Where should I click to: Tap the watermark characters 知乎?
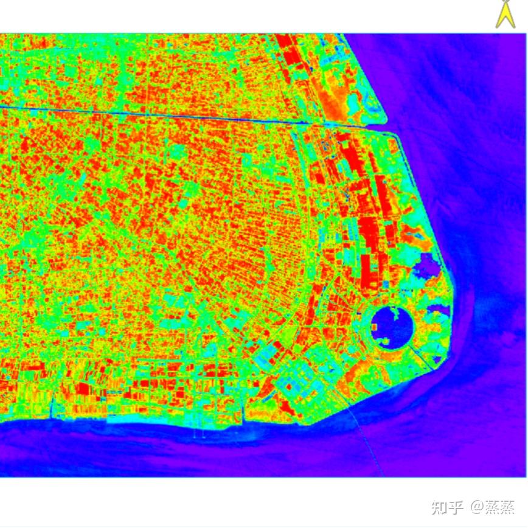tap(447, 506)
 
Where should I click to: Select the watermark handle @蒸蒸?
tap(492, 506)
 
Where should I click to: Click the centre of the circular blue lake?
tap(392, 327)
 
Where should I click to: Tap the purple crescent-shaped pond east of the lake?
tap(440, 313)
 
